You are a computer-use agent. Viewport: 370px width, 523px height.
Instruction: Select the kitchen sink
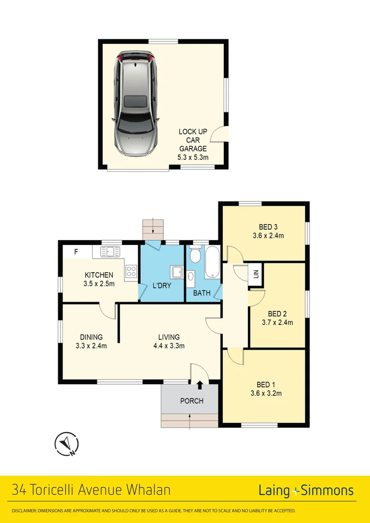pos(110,251)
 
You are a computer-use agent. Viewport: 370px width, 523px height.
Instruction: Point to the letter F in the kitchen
pos(76,252)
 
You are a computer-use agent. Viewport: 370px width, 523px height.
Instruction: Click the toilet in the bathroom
pos(195,254)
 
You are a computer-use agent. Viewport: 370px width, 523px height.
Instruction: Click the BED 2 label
pos(277,313)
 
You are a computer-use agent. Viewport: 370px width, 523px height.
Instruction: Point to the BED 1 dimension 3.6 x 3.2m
pos(266,393)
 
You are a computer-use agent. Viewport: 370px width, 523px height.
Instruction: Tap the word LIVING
pos(169,337)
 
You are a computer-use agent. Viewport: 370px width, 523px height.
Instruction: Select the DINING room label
pos(92,337)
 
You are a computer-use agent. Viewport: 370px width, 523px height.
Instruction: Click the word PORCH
pos(192,401)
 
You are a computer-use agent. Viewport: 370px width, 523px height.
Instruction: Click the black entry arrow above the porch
pos(200,385)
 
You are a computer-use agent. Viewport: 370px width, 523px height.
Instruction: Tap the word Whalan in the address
pos(148,490)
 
